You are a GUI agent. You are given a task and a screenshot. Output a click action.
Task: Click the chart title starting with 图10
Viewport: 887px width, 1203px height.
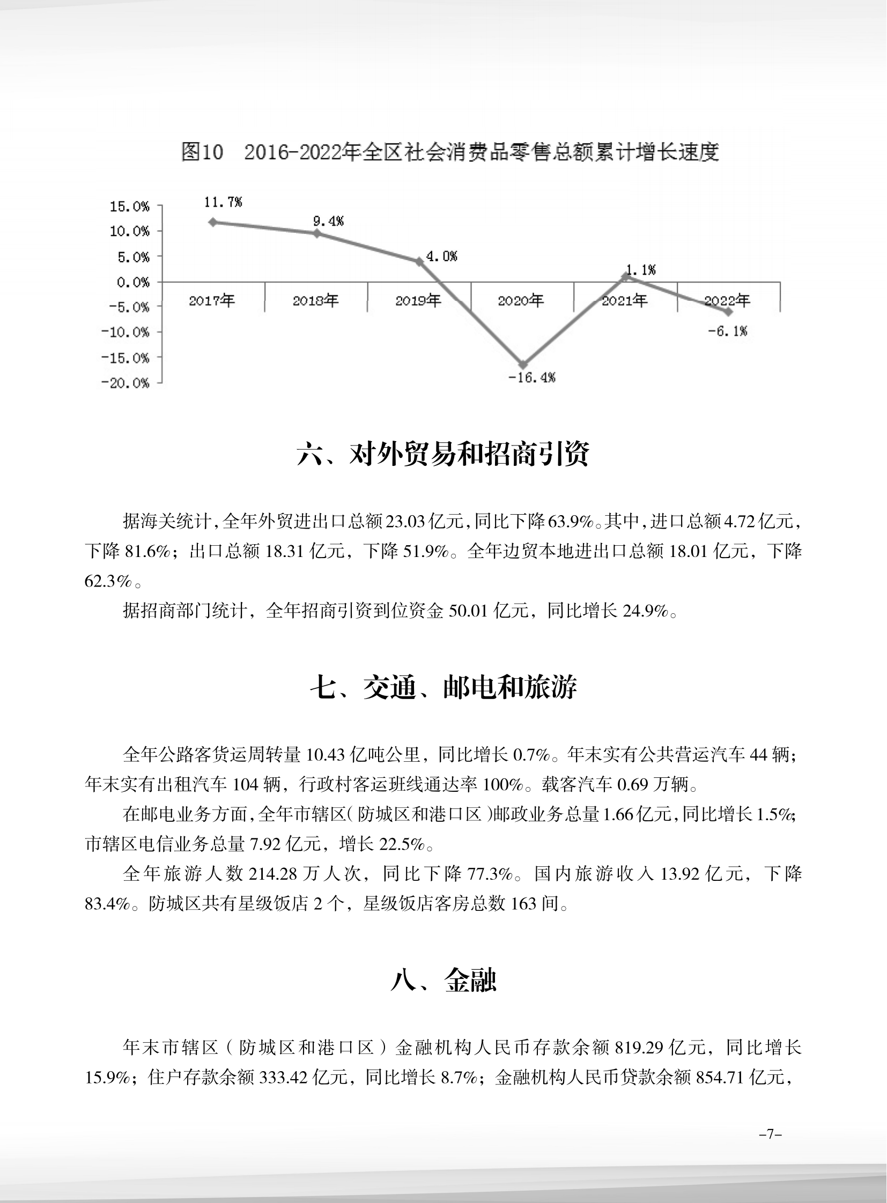pyautogui.click(x=449, y=152)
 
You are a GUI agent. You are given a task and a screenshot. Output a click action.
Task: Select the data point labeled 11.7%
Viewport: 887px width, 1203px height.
pyautogui.click(x=212, y=222)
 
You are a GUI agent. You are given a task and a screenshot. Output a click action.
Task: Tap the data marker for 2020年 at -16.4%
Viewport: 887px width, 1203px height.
pyautogui.click(x=523, y=365)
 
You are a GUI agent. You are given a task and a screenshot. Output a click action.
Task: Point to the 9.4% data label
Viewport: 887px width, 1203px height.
pyautogui.click(x=328, y=221)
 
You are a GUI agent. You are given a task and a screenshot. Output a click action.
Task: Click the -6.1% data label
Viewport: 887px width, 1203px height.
pyautogui.click(x=728, y=331)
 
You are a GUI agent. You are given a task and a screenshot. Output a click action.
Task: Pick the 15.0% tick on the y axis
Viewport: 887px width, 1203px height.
pyautogui.click(x=129, y=207)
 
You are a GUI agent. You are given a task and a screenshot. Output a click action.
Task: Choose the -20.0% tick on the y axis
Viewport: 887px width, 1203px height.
pyautogui.click(x=126, y=383)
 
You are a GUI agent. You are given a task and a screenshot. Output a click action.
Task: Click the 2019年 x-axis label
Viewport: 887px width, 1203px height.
pyautogui.click(x=418, y=301)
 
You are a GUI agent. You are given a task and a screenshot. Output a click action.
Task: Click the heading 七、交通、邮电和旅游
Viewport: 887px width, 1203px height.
pyautogui.click(x=443, y=687)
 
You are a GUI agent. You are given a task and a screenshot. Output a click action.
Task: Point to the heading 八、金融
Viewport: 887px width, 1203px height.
pyautogui.click(x=443, y=980)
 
